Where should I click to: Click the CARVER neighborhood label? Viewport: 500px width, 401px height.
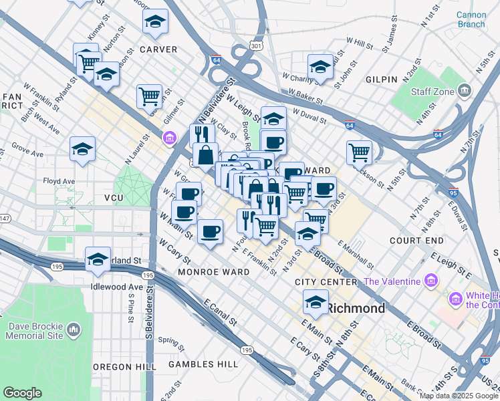point(158,49)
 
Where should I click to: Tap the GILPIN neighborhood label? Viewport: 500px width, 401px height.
point(381,79)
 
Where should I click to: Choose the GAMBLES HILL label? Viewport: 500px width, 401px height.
point(203,364)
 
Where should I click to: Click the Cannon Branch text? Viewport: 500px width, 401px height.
point(471,19)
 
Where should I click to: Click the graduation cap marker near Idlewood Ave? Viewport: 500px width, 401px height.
point(98,259)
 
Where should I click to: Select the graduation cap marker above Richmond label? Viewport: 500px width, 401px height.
point(316,301)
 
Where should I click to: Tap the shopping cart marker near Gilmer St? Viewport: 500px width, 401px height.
point(149,96)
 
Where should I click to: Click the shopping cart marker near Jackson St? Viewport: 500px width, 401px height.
point(360,152)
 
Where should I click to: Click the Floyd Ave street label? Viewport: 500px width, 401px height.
point(59,181)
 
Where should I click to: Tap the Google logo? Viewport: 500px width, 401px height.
point(22,393)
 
